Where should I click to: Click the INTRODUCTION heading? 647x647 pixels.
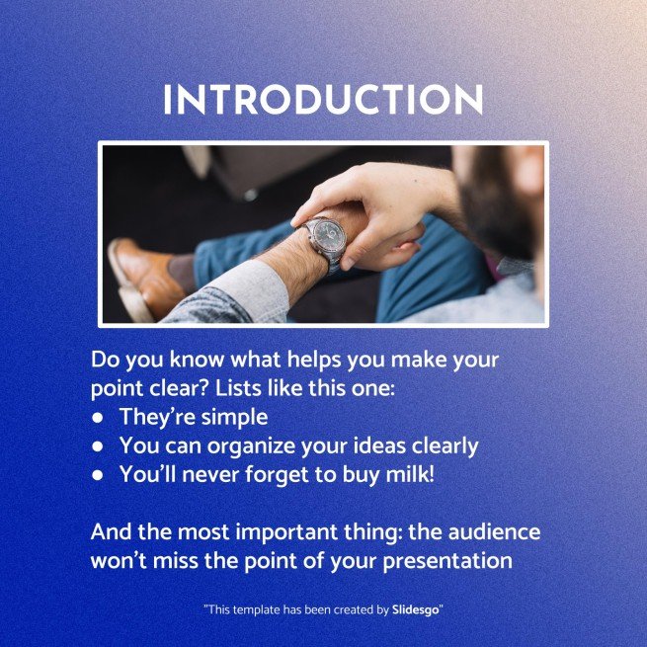tap(323, 101)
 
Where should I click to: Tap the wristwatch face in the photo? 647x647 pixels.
tap(324, 238)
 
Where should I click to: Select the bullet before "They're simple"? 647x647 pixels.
tap(99, 417)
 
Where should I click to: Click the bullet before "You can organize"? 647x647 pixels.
tap(99, 446)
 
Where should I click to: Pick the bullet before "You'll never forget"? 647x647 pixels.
tap(99, 475)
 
